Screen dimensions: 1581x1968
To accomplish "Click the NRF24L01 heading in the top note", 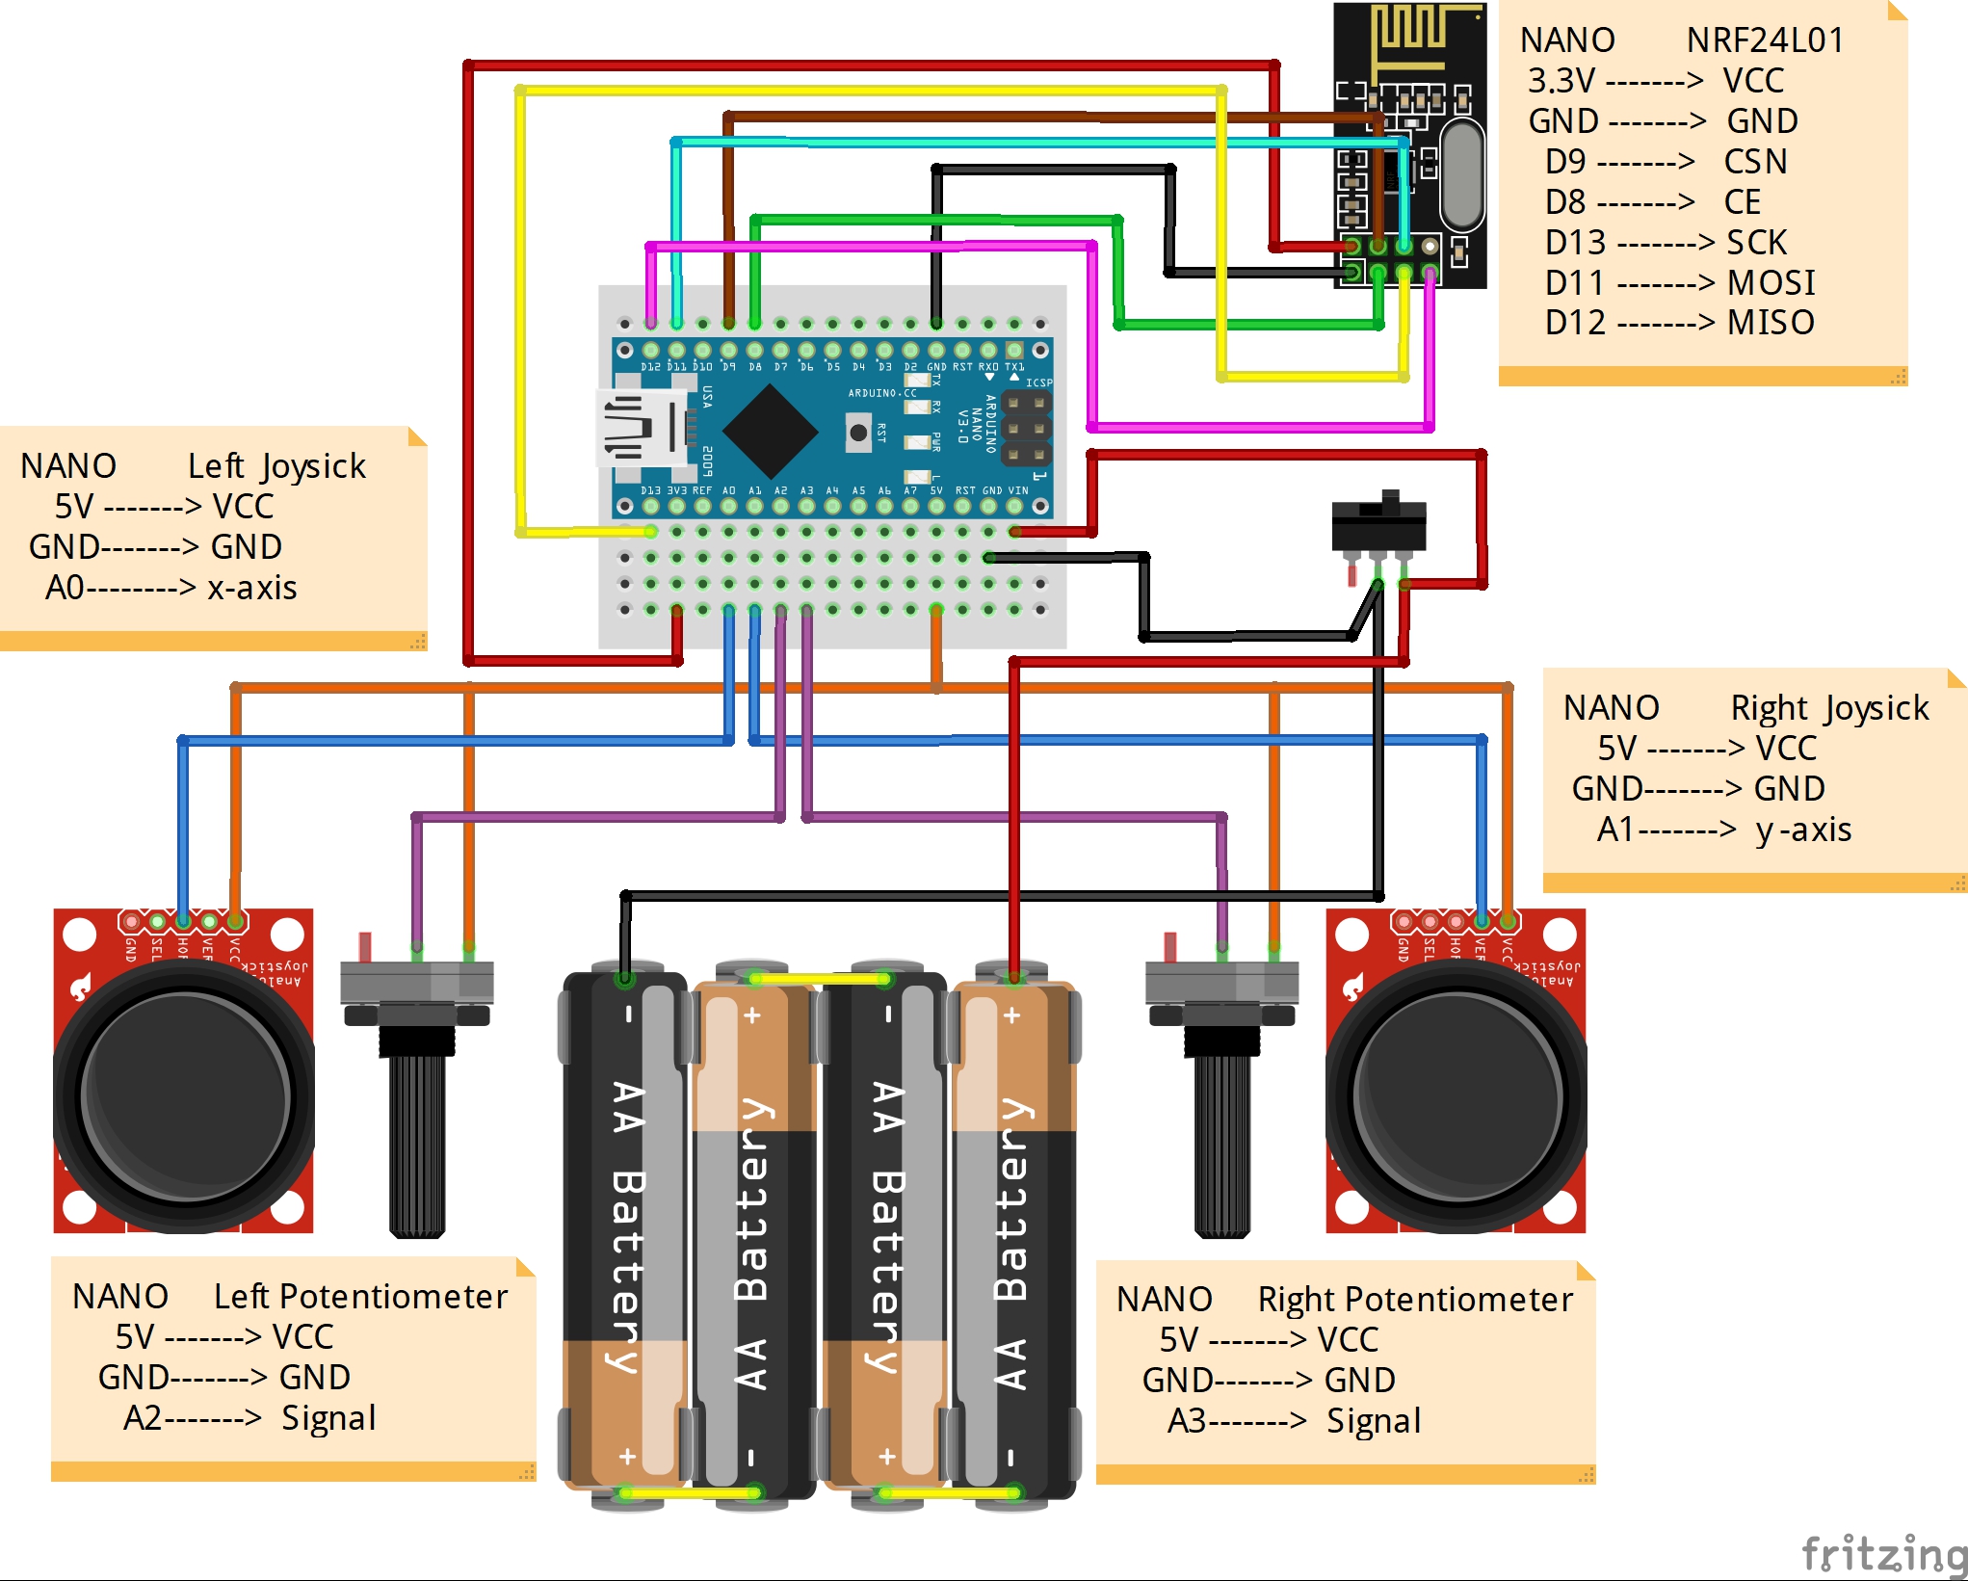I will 1765,40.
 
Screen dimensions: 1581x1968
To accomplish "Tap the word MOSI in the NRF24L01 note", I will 1771,282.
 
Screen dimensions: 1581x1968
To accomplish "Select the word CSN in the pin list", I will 1755,161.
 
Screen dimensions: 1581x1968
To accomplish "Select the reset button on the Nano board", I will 857,433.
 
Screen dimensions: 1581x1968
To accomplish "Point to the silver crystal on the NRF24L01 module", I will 1461,173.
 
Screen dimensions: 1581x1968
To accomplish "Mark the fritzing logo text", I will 1883,1553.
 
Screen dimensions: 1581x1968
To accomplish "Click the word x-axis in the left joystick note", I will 251,588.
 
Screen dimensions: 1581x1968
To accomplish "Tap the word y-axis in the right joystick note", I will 1803,830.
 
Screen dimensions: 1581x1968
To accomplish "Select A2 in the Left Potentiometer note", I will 143,1418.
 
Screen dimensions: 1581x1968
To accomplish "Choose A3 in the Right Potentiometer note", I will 1187,1421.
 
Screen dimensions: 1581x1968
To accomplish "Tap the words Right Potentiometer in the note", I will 1415,1300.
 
